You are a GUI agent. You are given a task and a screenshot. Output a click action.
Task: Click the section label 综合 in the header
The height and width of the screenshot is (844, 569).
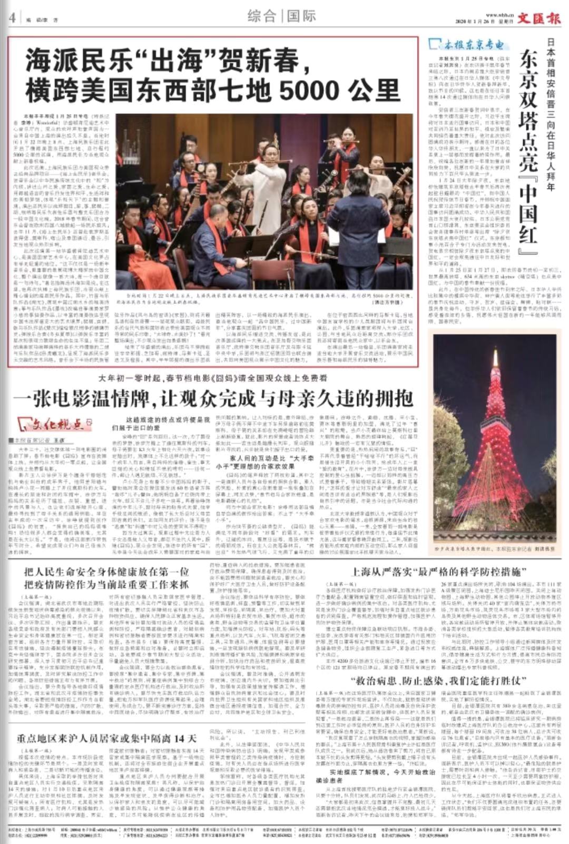click(262, 16)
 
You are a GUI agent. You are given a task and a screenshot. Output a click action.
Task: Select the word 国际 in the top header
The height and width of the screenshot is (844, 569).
click(301, 16)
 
